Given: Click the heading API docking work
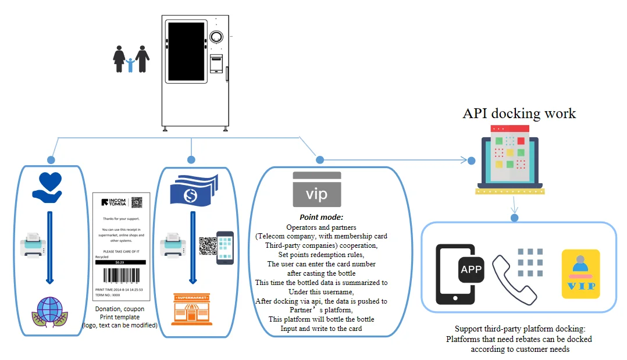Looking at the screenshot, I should click(x=519, y=113).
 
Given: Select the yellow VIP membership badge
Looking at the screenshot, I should click(x=580, y=273).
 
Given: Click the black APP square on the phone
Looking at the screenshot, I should click(x=471, y=269).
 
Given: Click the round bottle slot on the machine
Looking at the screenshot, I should click(x=216, y=37).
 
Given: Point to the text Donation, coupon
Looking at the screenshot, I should click(x=120, y=309).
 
